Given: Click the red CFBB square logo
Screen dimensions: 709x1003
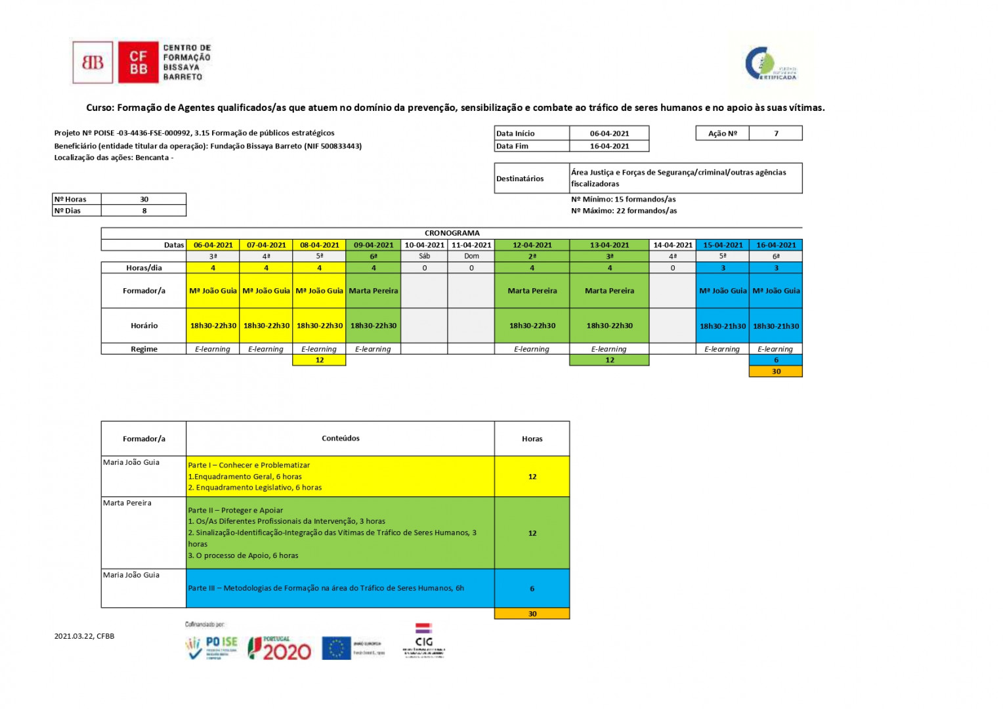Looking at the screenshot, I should (138, 62).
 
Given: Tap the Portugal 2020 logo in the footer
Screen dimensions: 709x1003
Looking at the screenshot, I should (280, 648).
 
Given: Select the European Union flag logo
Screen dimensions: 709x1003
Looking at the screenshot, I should (336, 648).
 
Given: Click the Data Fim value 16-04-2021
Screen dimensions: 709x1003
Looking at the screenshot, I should (609, 146).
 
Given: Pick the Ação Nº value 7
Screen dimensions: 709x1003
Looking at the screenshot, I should (776, 133).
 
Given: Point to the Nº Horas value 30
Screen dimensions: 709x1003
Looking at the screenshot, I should (144, 199).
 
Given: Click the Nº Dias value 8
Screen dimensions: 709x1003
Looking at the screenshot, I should (144, 211).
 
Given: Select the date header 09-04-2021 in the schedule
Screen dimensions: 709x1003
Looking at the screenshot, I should (373, 245).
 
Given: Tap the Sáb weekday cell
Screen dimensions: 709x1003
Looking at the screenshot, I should (424, 256).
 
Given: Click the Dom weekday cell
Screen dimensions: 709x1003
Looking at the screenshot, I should (471, 256).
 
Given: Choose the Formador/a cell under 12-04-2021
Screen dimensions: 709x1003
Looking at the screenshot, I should (532, 291).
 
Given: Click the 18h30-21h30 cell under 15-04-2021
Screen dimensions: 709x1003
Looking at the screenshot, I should (722, 326).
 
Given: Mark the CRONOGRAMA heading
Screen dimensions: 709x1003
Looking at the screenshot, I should (452, 233).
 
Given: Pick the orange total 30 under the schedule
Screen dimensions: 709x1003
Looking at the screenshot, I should (776, 372).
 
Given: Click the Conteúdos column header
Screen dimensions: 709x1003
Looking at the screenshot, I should (340, 439).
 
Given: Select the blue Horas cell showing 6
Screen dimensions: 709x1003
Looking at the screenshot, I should (532, 588).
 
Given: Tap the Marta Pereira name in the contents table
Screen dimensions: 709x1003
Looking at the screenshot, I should (127, 503).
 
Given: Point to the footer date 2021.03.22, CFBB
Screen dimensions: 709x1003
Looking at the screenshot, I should (84, 636).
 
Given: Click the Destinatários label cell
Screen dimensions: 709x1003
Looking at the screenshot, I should (520, 179).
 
